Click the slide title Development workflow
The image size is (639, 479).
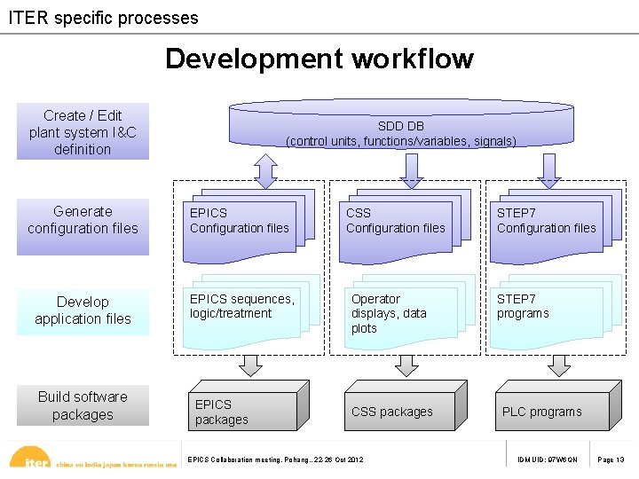pyautogui.click(x=319, y=59)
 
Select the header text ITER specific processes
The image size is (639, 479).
pyautogui.click(x=103, y=17)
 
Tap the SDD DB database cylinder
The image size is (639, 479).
pyautogui.click(x=401, y=125)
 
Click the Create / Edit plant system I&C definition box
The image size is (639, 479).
pyautogui.click(x=83, y=132)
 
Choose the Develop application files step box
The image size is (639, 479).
pyautogui.click(x=83, y=310)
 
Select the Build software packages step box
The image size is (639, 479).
pyautogui.click(x=83, y=405)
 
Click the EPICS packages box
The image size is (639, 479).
pyautogui.click(x=244, y=412)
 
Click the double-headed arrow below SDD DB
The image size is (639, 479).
pyautogui.click(x=266, y=170)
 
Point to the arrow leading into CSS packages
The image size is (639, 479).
pyautogui.click(x=407, y=365)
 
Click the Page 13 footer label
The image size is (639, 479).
pyautogui.click(x=611, y=459)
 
